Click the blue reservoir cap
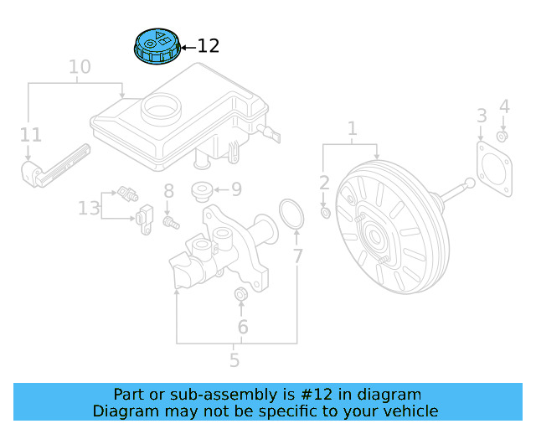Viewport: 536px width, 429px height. pos(157,47)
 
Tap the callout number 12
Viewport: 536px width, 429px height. pos(208,47)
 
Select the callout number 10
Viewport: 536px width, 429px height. pos(79,66)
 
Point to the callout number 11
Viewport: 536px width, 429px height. pos(31,134)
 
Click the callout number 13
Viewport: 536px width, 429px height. pos(89,207)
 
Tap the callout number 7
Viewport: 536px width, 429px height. pos(297,256)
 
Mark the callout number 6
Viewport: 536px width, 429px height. pos(243,327)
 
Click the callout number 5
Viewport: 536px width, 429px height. pos(234,360)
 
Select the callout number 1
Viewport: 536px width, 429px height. pos(353,129)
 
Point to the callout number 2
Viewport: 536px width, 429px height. pos(325,182)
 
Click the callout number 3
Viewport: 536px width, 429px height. pos(482,115)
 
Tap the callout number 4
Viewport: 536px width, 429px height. pos(504,106)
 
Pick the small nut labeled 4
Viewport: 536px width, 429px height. pos(502,137)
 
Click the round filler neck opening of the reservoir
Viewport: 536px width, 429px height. pos(159,108)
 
